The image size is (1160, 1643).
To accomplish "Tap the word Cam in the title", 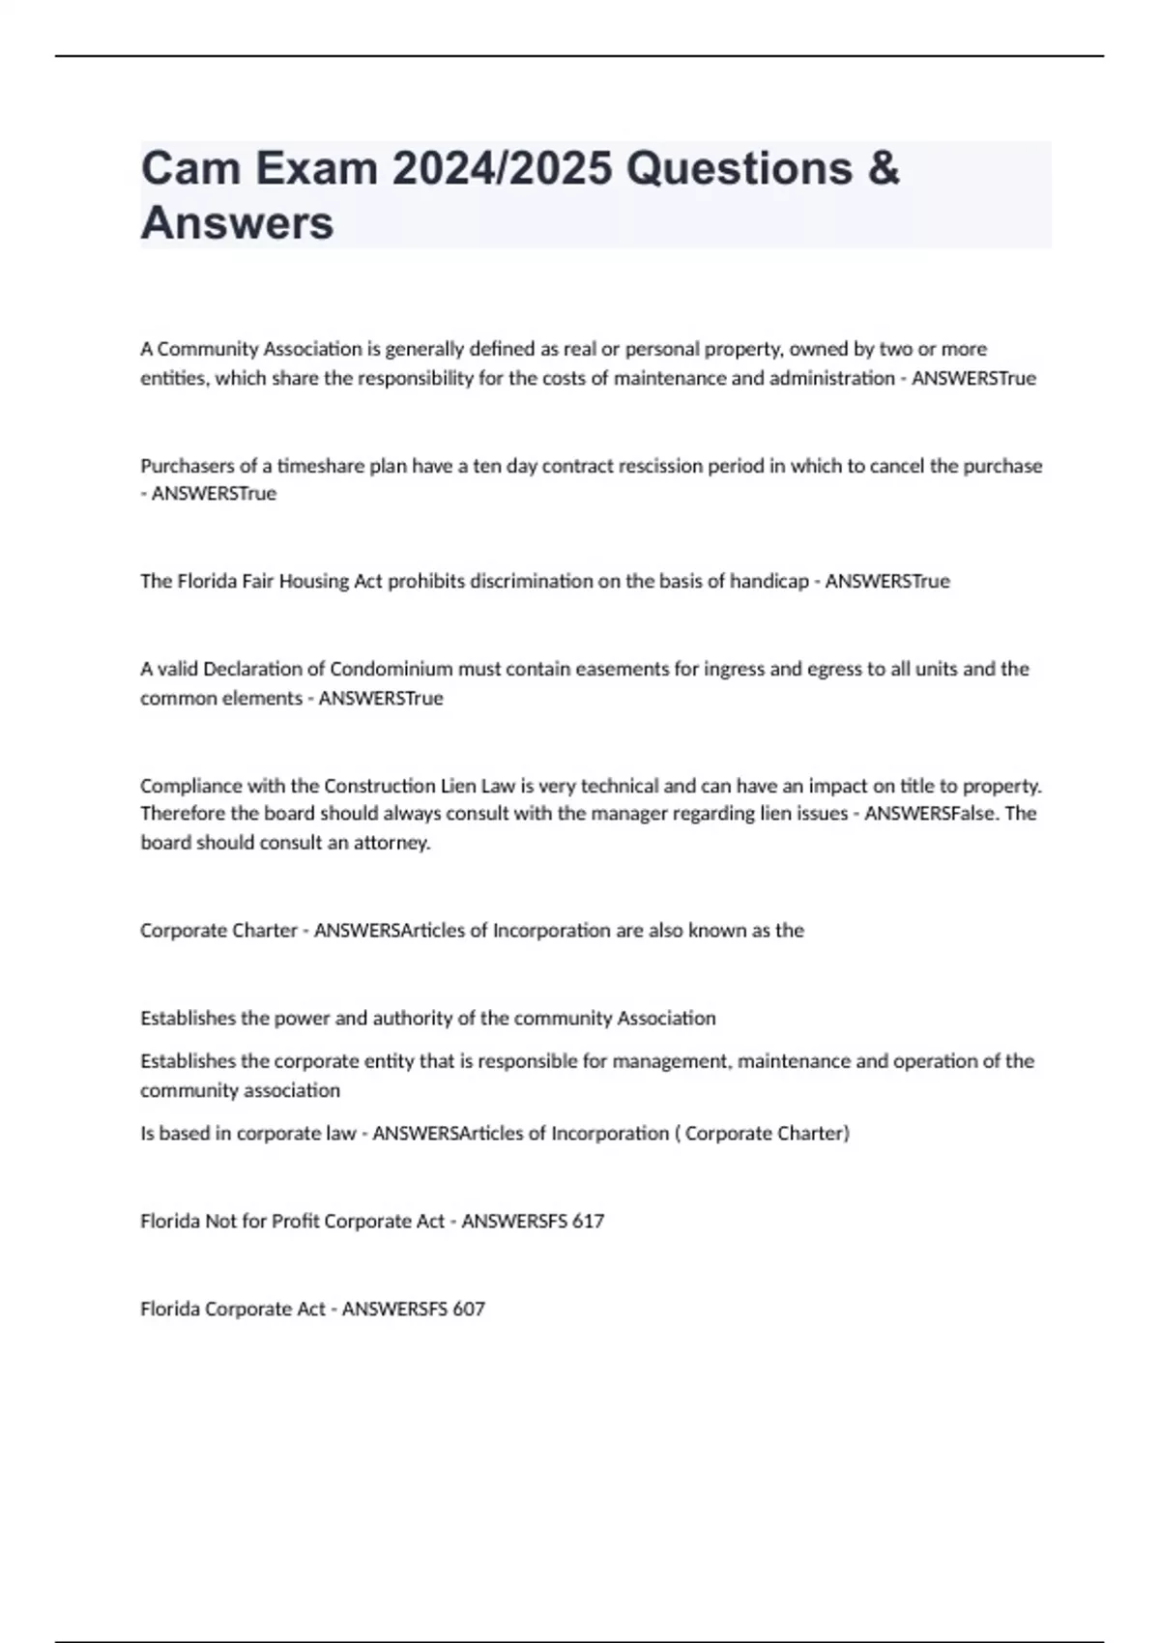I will tap(190, 168).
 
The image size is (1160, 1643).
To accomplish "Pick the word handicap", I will tap(768, 581).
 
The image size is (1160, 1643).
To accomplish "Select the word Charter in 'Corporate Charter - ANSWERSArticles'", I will tap(266, 931).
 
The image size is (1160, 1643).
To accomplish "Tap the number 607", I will tap(469, 1310).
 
